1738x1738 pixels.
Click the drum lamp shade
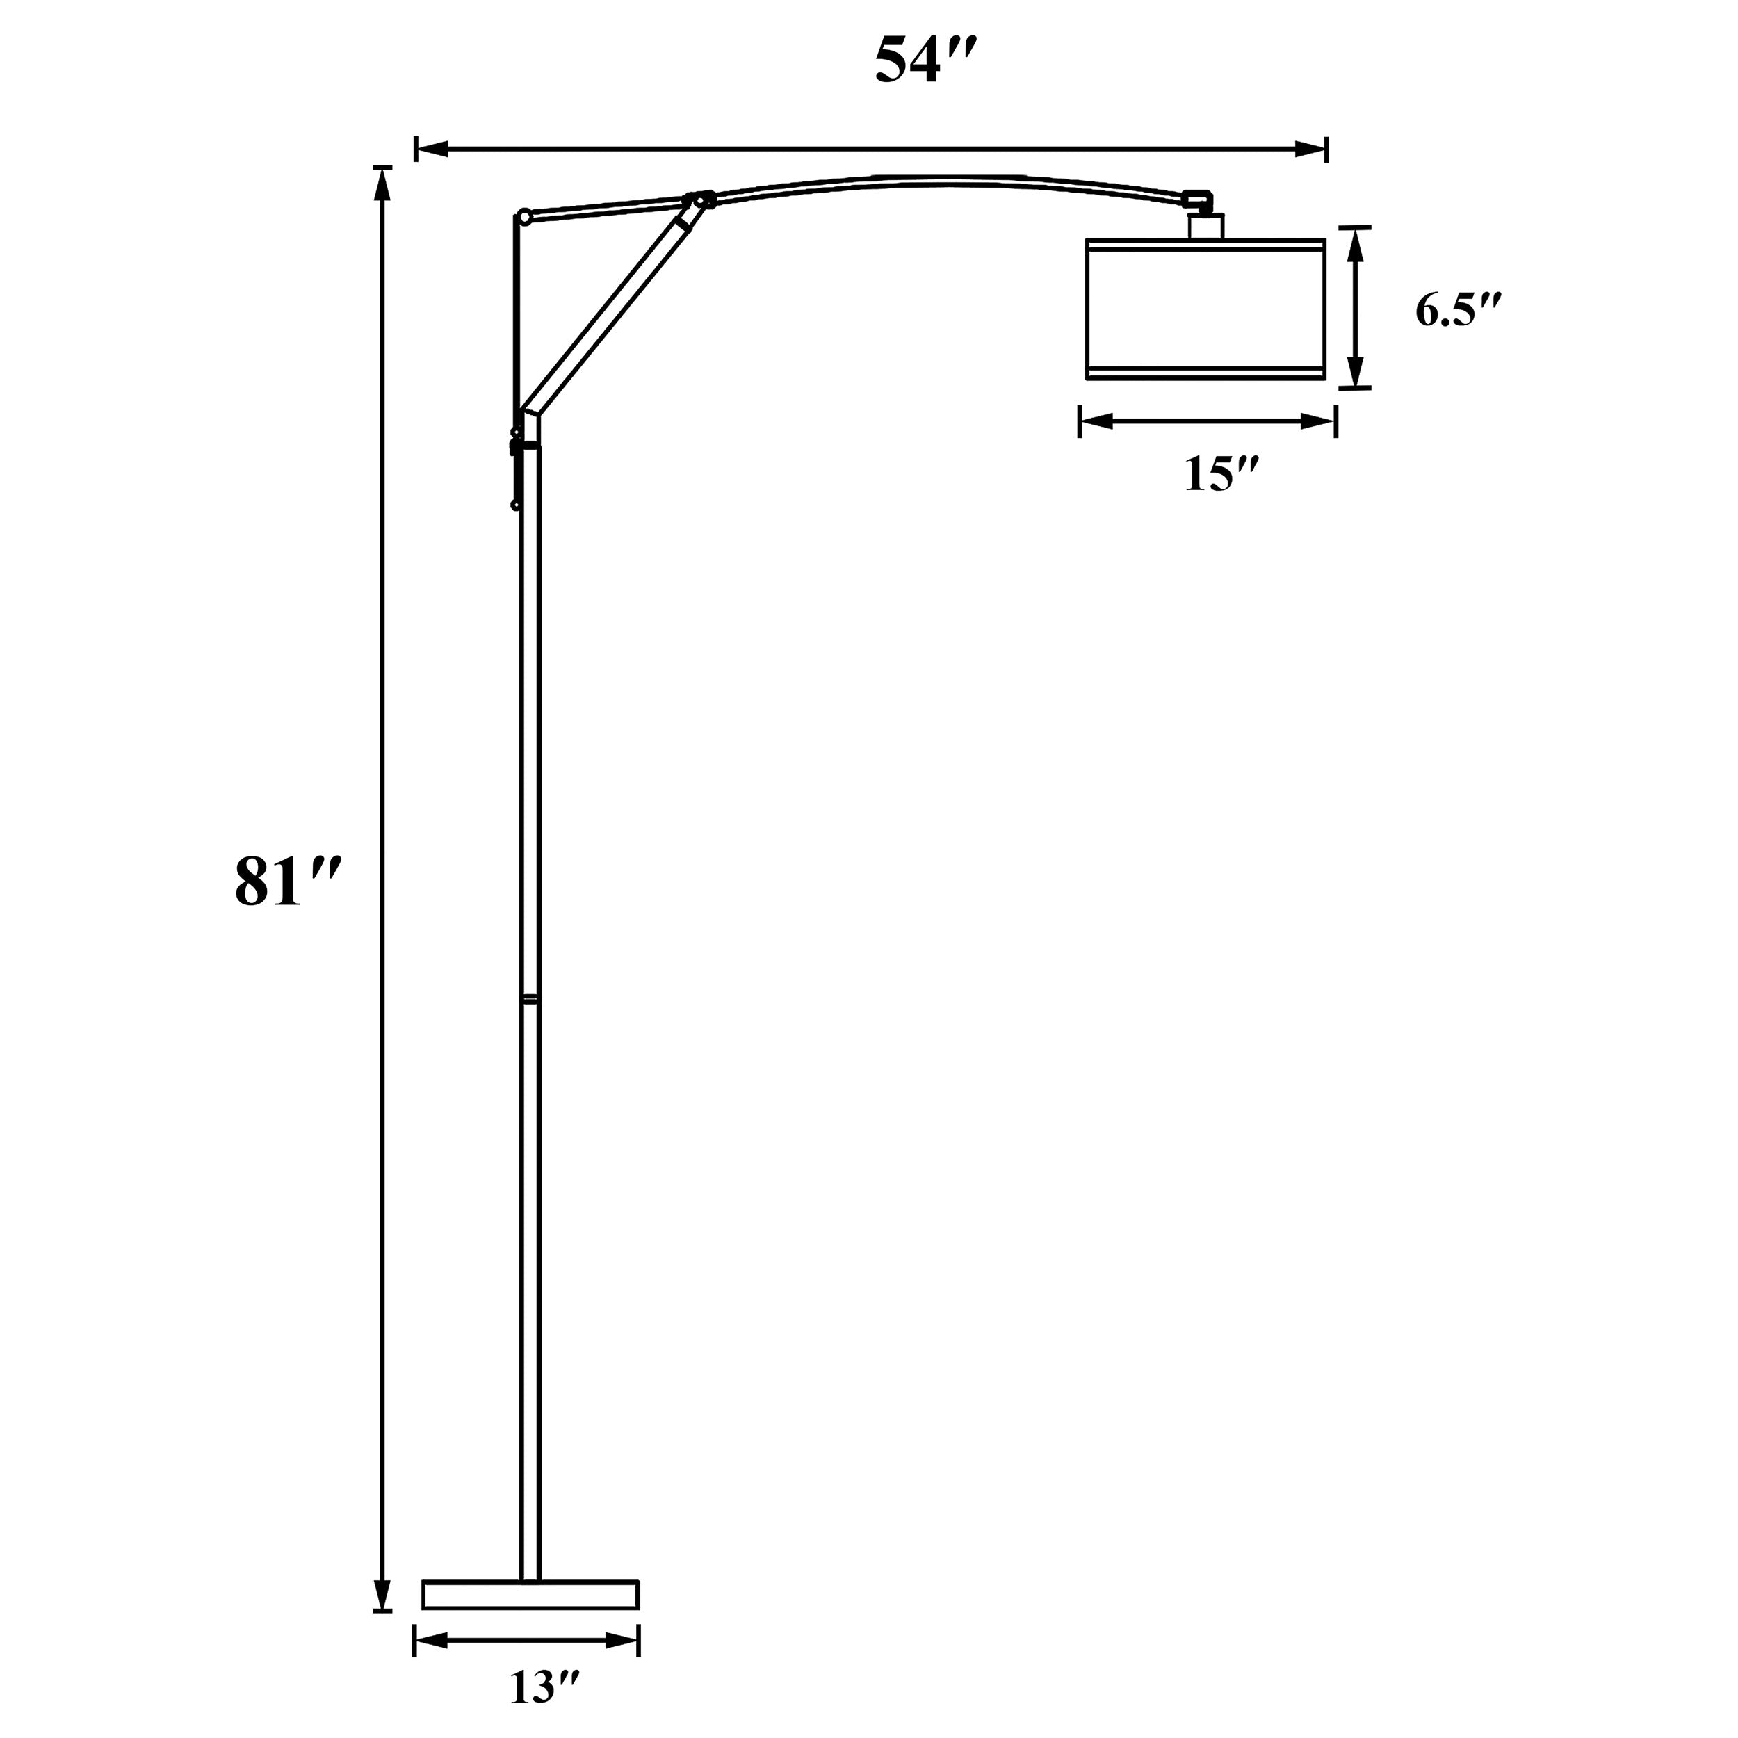tap(1205, 309)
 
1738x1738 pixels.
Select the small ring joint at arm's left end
tap(523, 216)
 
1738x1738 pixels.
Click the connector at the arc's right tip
tap(1197, 199)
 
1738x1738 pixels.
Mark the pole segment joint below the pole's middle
tap(530, 998)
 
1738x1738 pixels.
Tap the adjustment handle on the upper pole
tap(515, 468)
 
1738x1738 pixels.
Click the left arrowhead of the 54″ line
tap(430, 149)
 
